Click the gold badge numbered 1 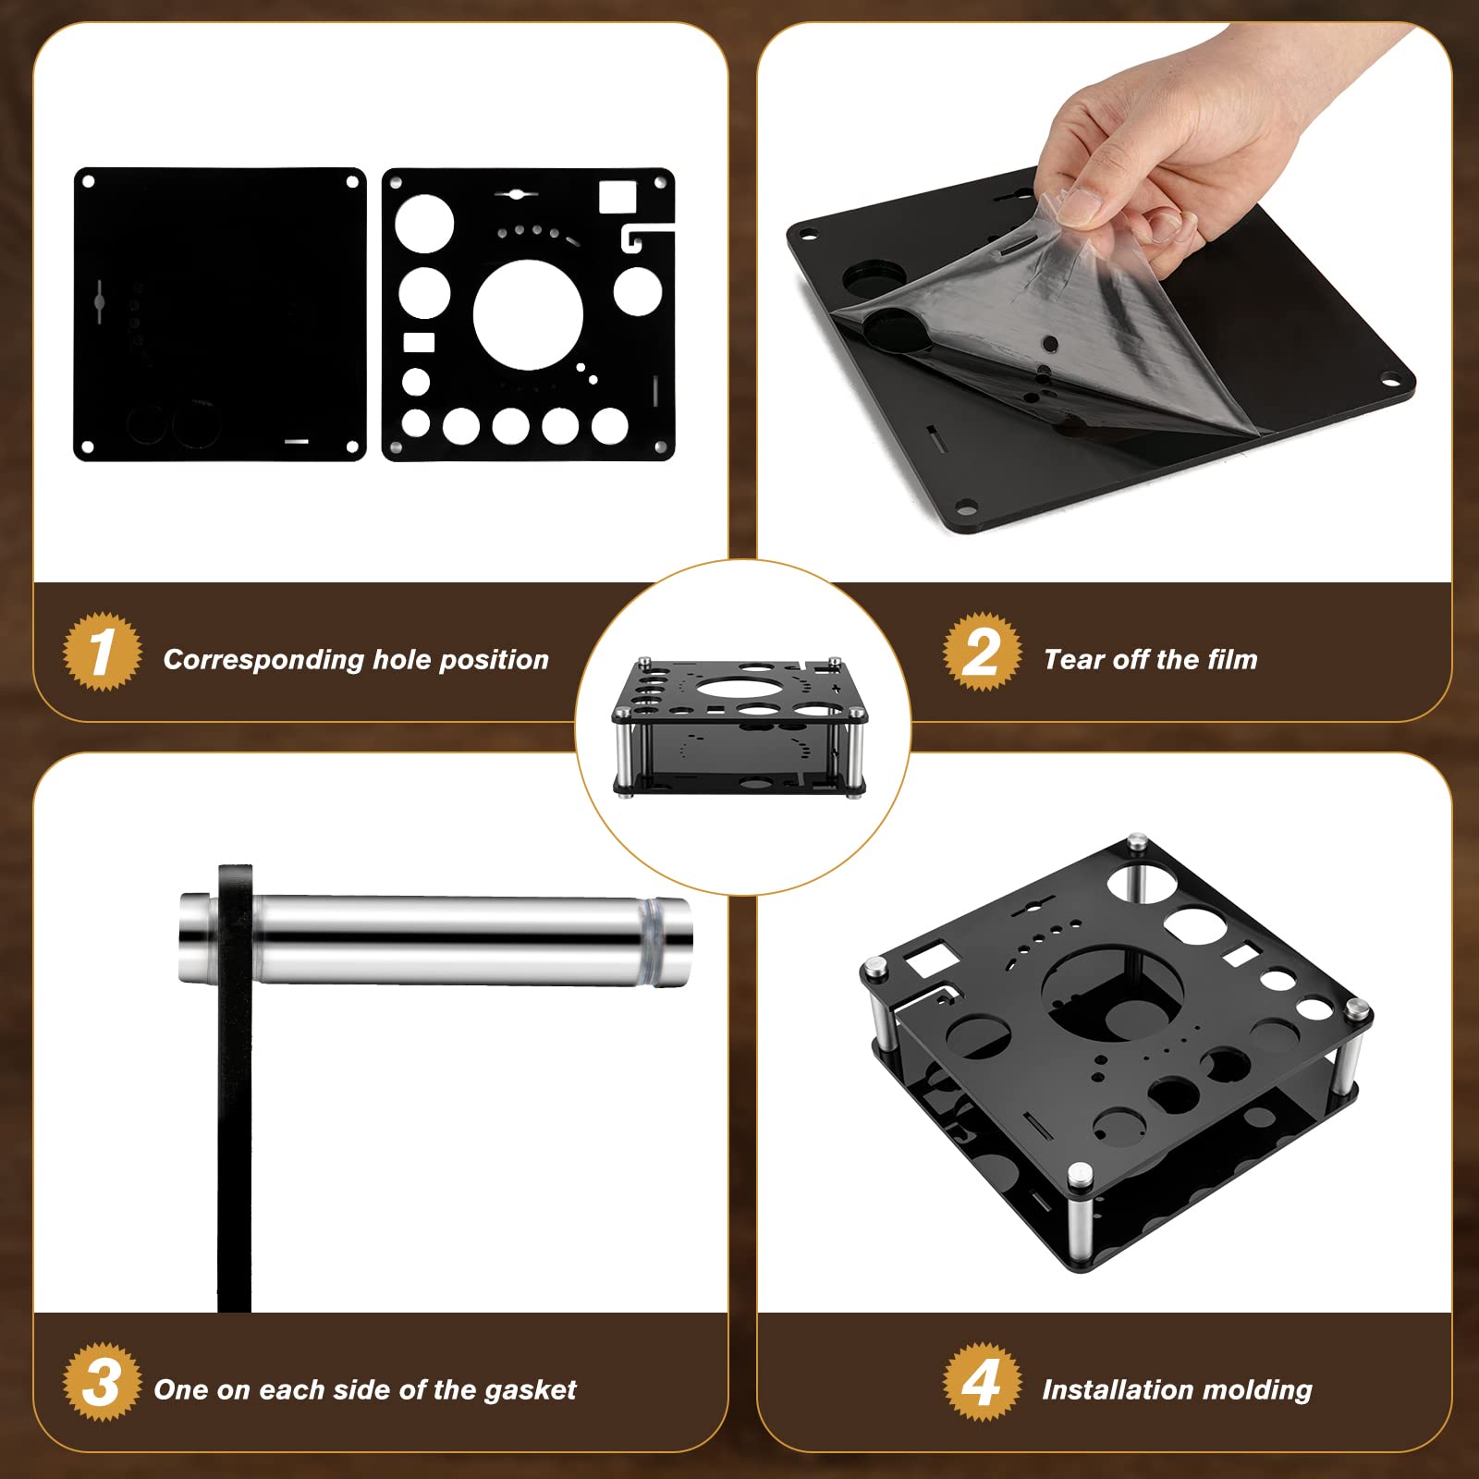[102, 652]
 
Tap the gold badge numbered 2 [982, 652]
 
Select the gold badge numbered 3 [102, 1383]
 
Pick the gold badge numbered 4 [982, 1383]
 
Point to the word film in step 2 [1232, 659]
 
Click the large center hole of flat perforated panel [528, 314]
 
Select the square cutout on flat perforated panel [617, 197]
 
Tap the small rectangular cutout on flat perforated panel [419, 343]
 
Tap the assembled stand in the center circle [740, 727]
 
